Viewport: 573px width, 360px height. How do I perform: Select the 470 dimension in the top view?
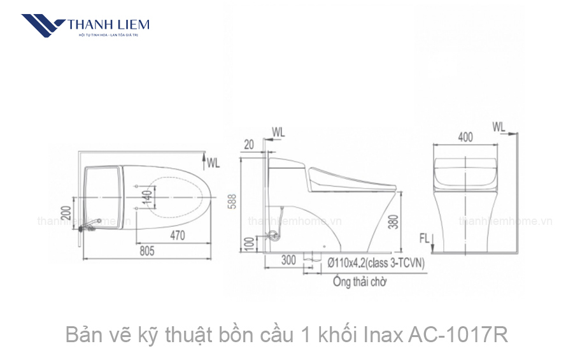177,236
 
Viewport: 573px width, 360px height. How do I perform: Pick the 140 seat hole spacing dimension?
148,198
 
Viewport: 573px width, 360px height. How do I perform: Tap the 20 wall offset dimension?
249,145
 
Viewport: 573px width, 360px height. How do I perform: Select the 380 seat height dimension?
412,220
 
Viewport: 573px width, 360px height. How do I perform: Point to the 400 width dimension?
465,136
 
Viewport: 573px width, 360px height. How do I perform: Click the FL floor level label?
424,239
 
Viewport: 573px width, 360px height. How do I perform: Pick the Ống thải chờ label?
359,280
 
